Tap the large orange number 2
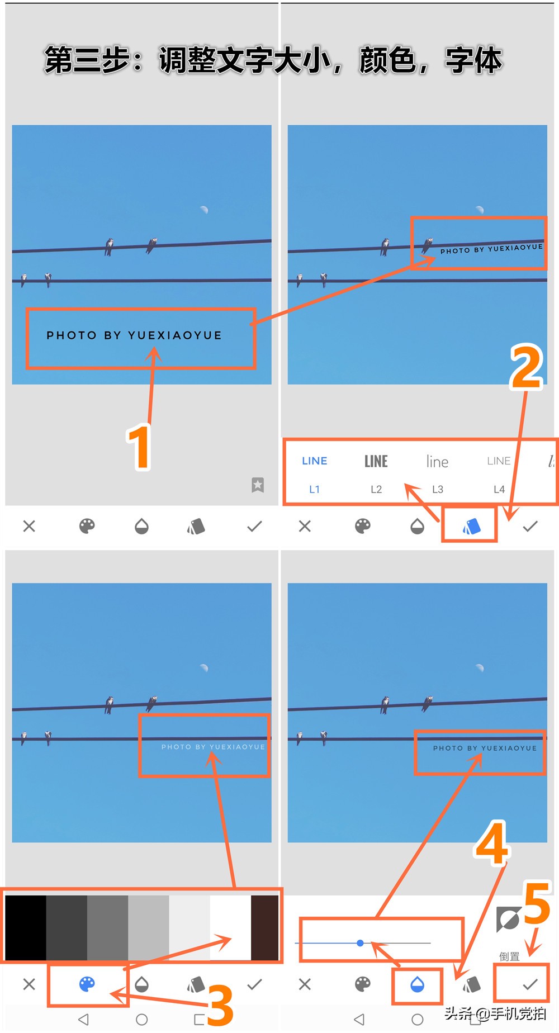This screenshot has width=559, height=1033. (x=525, y=367)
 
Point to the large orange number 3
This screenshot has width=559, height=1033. (x=220, y=1004)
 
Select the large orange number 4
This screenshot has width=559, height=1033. (x=491, y=843)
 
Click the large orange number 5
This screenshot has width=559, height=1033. (x=537, y=903)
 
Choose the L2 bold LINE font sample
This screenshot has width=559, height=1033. (x=376, y=461)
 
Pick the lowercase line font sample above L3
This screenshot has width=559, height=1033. (x=437, y=461)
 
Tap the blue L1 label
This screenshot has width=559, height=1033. (x=315, y=489)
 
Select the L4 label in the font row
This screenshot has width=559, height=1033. (x=499, y=489)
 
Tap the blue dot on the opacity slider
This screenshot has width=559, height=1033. (x=361, y=943)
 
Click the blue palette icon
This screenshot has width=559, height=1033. (x=87, y=984)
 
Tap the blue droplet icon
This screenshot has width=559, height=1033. (x=417, y=984)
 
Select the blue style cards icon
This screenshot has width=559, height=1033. (x=471, y=526)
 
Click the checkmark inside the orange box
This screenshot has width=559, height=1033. (x=530, y=984)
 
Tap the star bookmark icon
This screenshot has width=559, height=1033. (x=258, y=485)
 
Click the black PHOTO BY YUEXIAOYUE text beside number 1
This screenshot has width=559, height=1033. (x=134, y=335)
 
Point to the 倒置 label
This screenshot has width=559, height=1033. (x=509, y=956)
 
